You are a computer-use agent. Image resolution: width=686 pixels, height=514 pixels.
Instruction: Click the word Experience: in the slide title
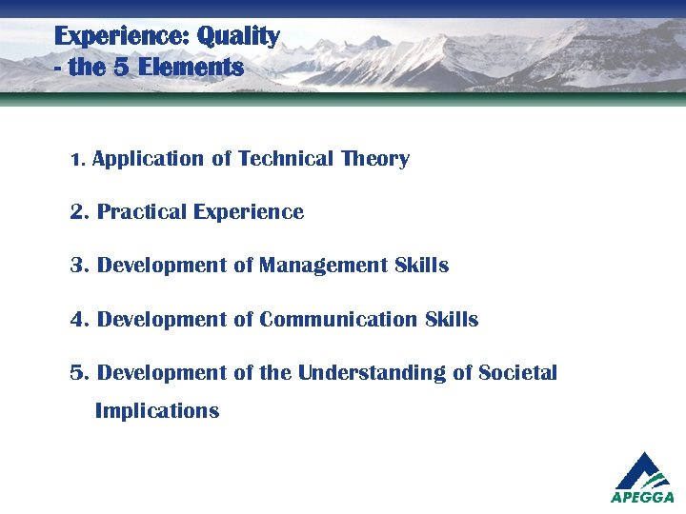tap(121, 37)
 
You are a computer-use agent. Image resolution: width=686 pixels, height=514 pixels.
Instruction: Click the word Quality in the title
tap(238, 37)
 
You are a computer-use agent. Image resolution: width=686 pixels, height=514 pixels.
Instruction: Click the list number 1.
tap(77, 160)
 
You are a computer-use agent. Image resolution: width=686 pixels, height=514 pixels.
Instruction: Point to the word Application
tap(149, 160)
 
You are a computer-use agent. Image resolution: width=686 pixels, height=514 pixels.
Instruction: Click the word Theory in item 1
tap(375, 159)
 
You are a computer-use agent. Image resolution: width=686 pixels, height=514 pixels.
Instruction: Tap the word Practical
tap(142, 212)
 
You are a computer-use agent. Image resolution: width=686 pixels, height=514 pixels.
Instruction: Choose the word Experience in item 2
tap(248, 212)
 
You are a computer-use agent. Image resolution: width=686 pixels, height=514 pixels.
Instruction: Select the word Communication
tap(338, 319)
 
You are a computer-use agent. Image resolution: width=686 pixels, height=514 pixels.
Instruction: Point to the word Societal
tap(518, 372)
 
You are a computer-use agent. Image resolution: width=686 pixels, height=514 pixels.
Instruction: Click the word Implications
tap(157, 411)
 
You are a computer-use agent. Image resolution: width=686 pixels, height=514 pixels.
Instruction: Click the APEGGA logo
tap(642, 477)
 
